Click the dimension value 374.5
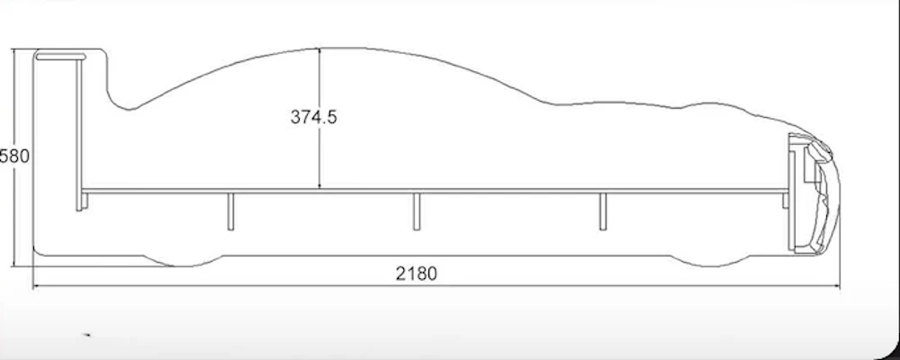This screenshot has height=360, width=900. [313, 117]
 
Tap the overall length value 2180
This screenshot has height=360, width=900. [416, 274]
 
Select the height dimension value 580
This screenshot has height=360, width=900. [13, 157]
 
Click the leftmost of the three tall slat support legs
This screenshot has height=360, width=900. [230, 211]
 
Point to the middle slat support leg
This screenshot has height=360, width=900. [417, 211]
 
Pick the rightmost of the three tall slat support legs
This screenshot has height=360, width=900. [603, 211]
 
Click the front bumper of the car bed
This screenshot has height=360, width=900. [822, 195]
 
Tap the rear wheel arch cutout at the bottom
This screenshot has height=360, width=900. [183, 261]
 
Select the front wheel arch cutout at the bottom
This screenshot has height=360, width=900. [711, 261]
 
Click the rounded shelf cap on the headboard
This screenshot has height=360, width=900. [60, 57]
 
